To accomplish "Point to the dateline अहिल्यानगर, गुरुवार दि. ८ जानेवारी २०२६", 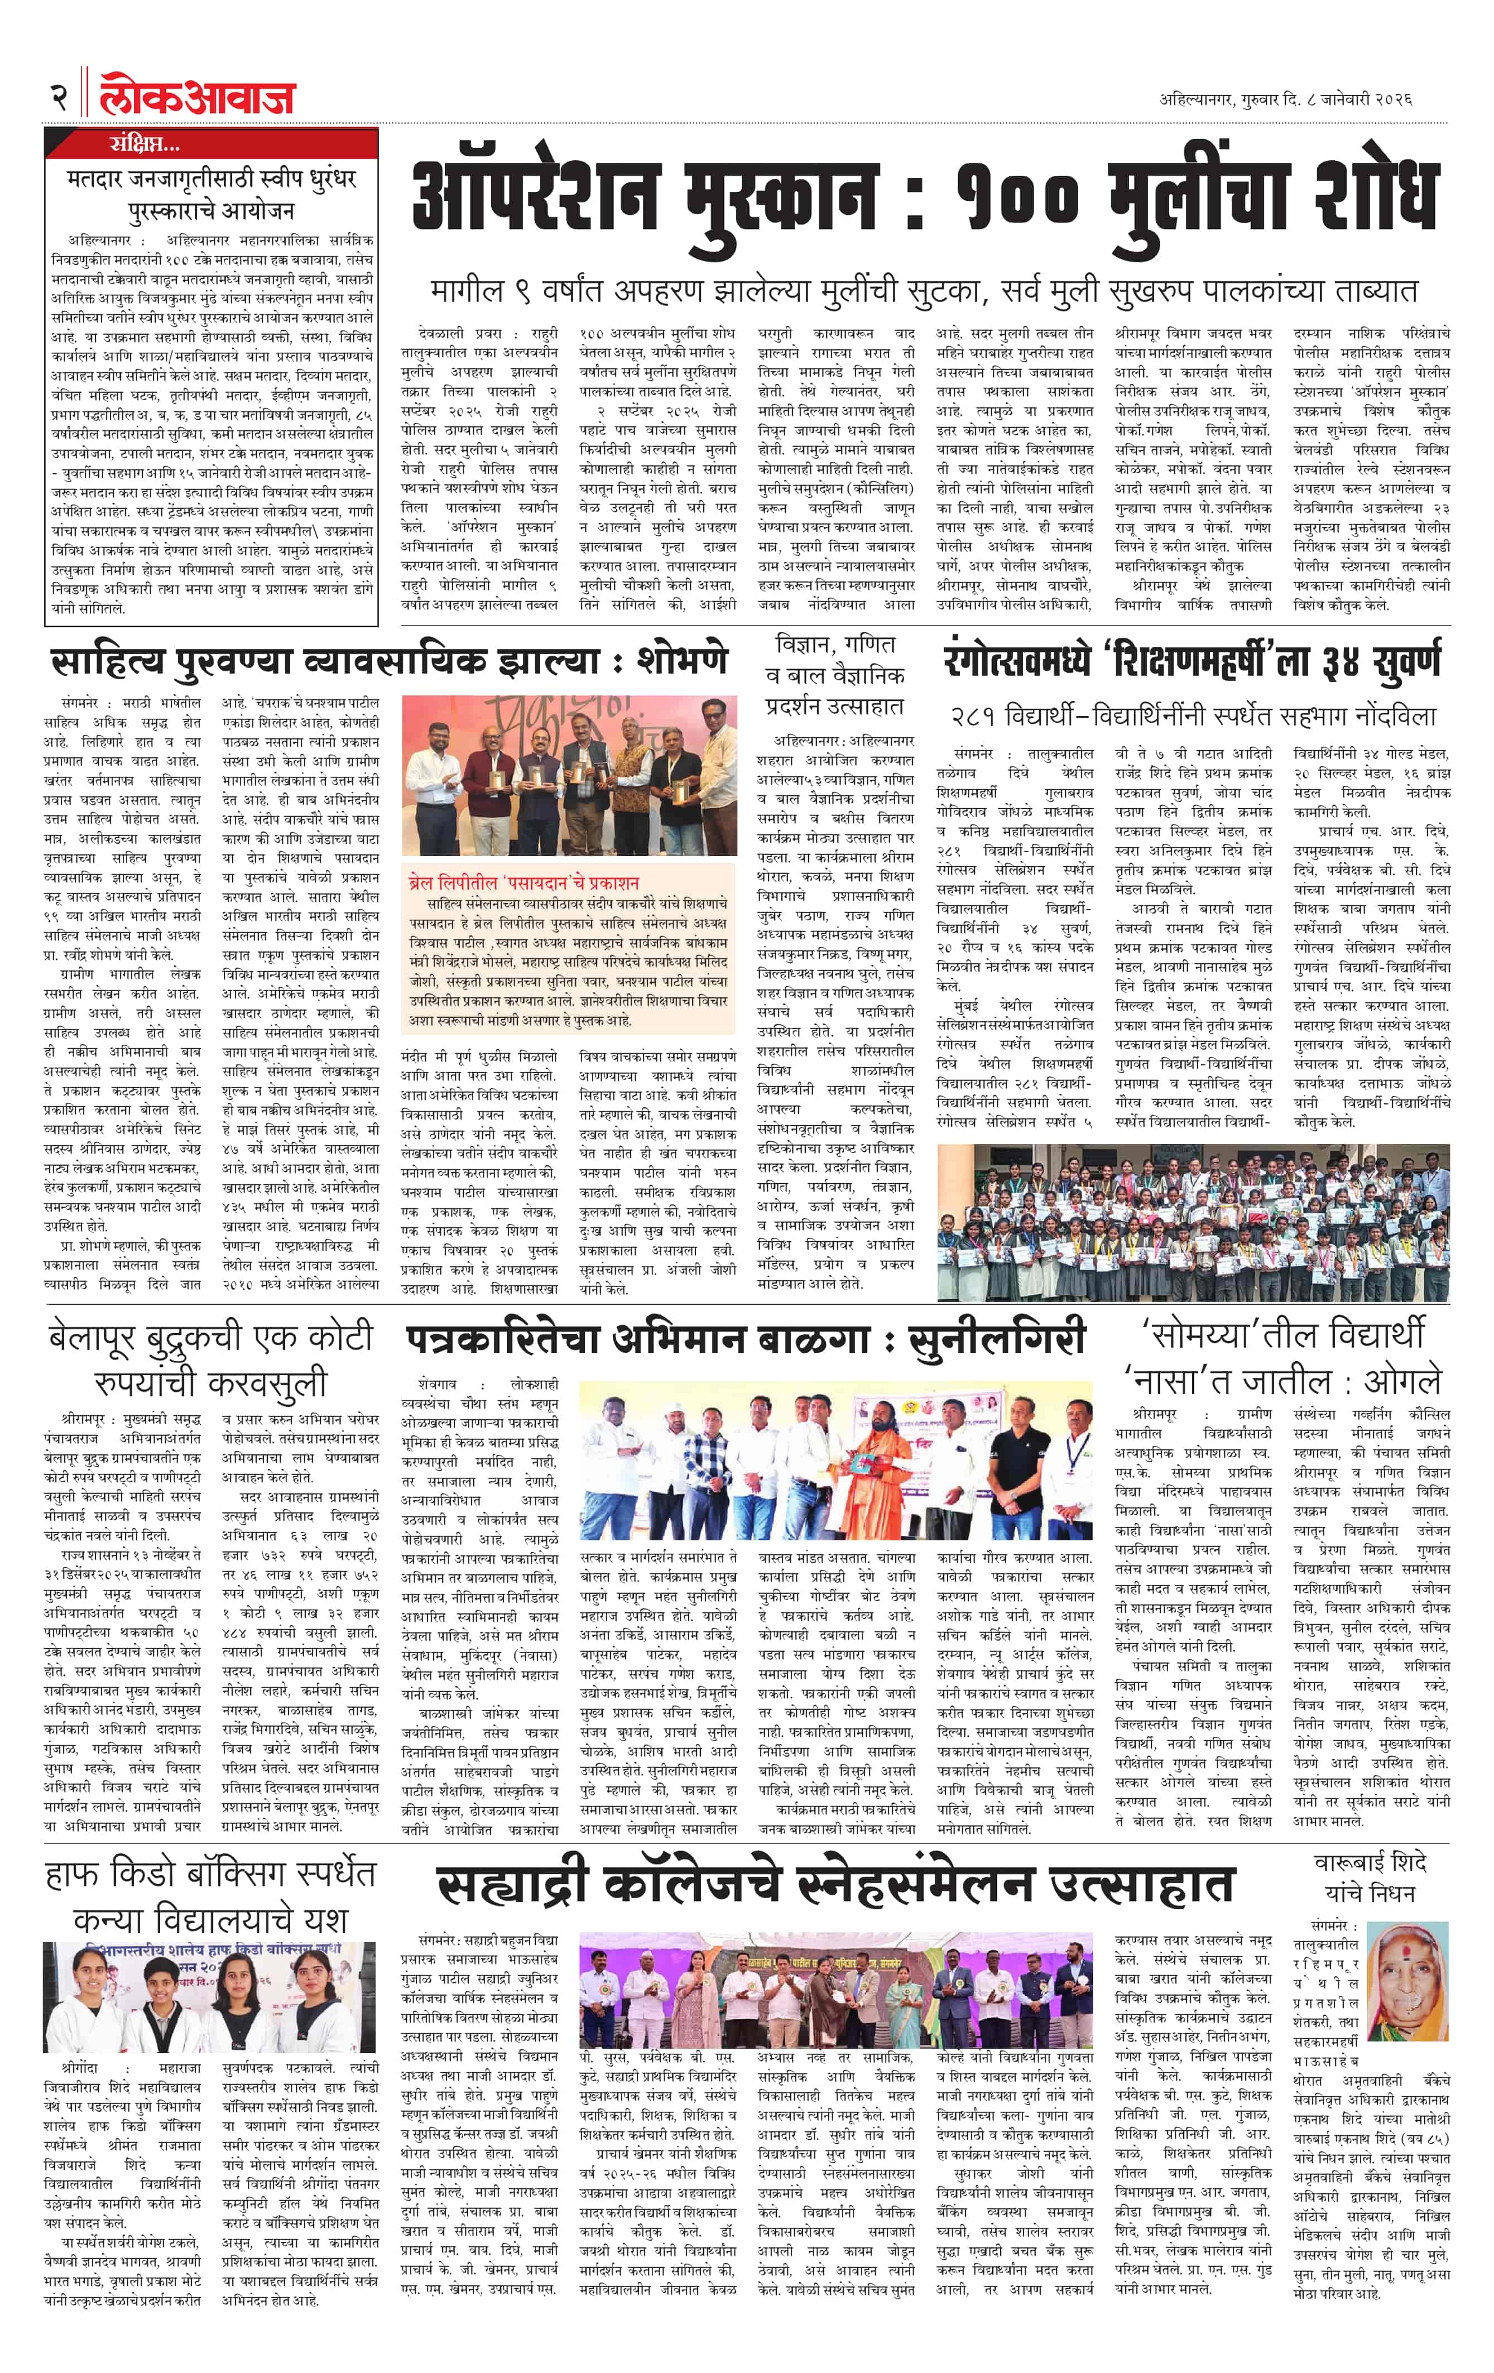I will [x=1286, y=99].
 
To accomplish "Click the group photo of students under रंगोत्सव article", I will [x=1193, y=1223].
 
